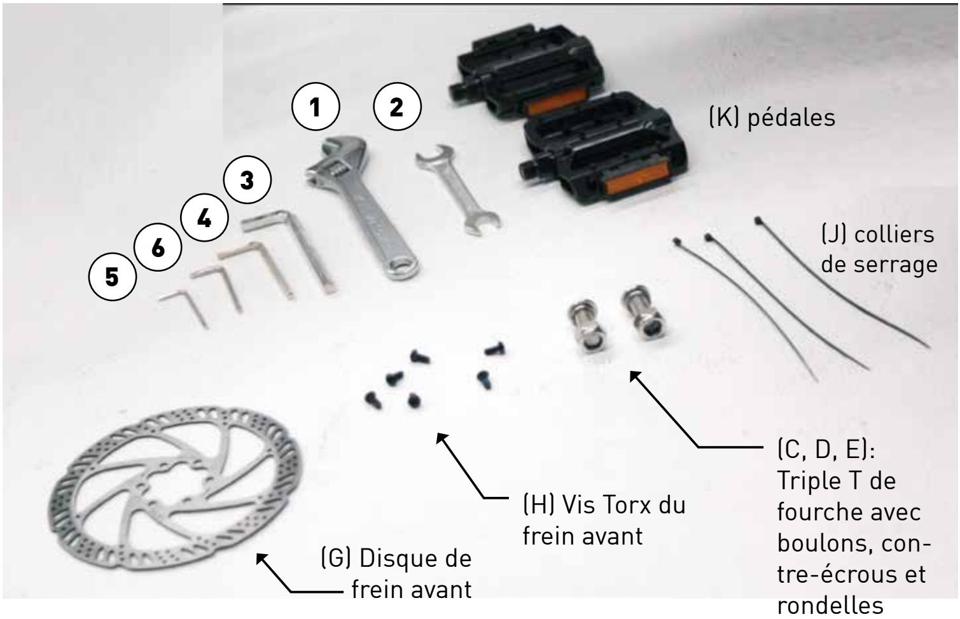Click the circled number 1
point(316,108)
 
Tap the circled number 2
point(397,108)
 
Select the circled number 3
point(247,181)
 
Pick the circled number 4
point(204,219)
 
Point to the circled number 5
point(113,279)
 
